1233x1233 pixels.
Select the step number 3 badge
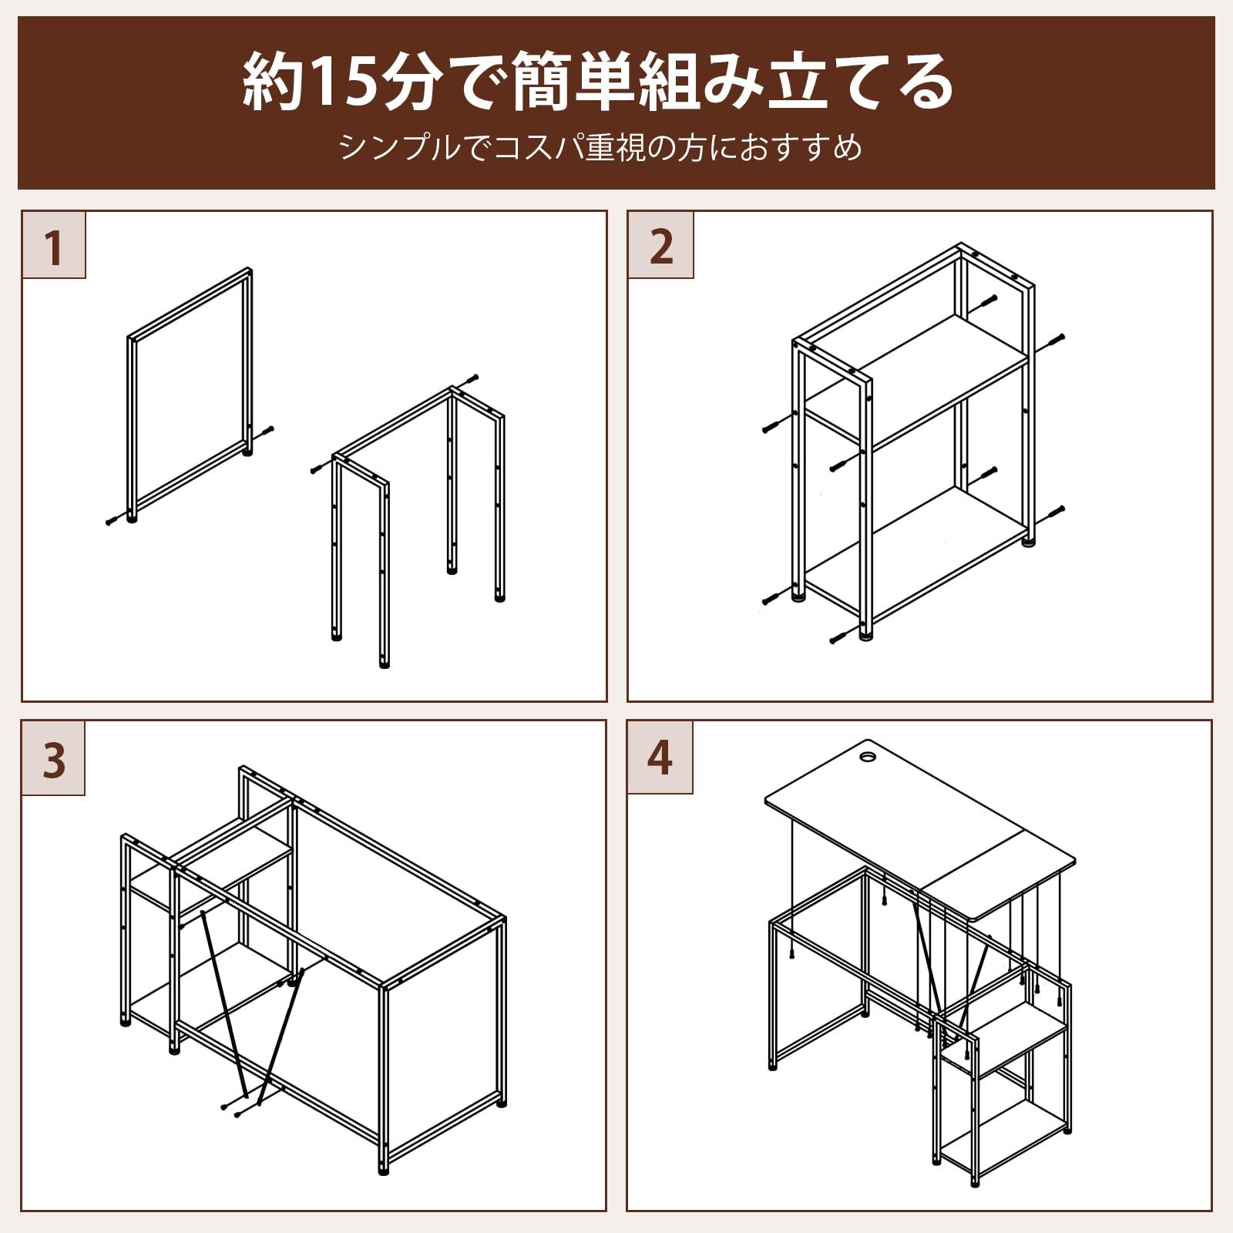coord(53,759)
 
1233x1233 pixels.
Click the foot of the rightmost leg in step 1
coord(500,596)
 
